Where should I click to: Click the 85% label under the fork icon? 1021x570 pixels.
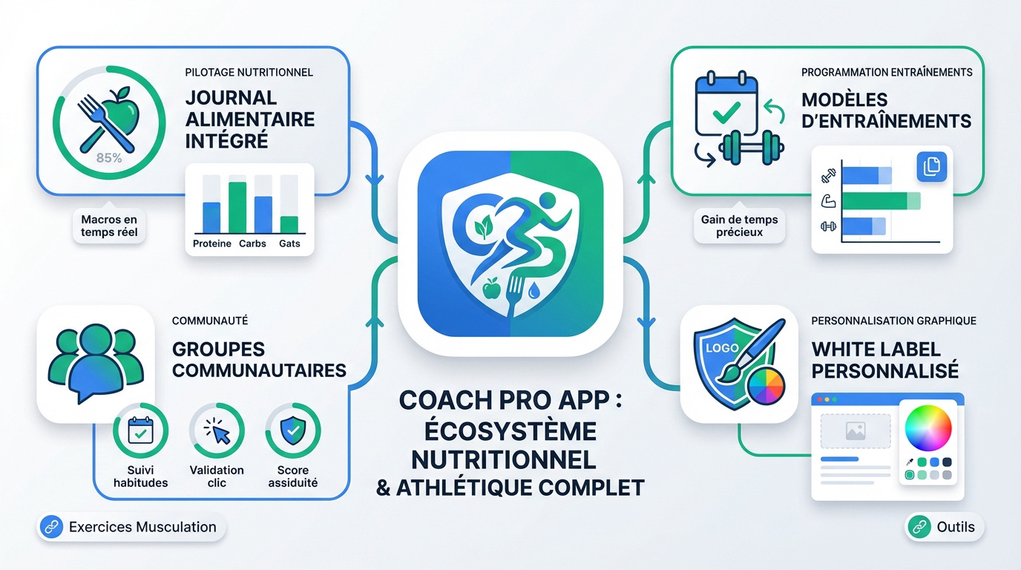click(x=109, y=157)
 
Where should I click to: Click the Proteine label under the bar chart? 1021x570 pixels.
click(x=212, y=243)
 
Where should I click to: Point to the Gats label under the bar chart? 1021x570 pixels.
click(x=289, y=243)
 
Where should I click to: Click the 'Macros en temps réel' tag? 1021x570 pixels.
click(x=109, y=226)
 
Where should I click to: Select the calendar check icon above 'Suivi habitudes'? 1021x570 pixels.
click(x=140, y=430)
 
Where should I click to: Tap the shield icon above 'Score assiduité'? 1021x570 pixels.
click(x=292, y=430)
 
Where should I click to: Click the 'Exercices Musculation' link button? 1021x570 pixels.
click(x=131, y=528)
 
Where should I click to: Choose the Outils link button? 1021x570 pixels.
click(x=945, y=528)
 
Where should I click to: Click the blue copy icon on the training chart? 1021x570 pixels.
click(x=931, y=167)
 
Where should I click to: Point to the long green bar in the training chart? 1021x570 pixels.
click(x=880, y=200)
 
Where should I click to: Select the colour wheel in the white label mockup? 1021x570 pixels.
click(x=928, y=428)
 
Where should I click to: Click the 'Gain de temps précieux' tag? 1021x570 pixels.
click(x=739, y=226)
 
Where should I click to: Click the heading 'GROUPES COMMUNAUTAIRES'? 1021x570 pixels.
click(x=258, y=359)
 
